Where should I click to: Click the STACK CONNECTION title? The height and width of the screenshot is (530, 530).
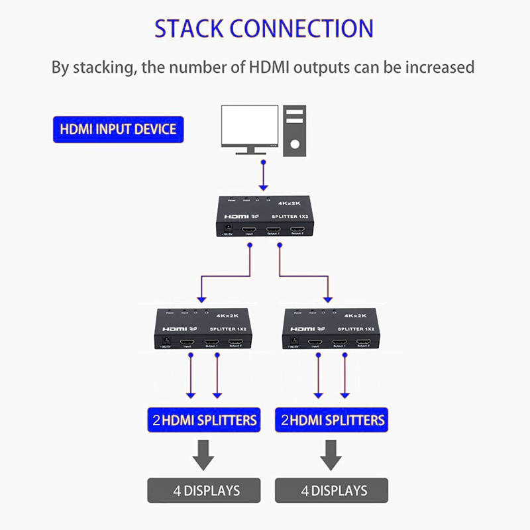(264, 28)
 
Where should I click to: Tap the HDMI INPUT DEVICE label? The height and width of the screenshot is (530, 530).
(118, 128)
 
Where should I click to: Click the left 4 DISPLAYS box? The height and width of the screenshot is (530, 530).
(203, 491)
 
